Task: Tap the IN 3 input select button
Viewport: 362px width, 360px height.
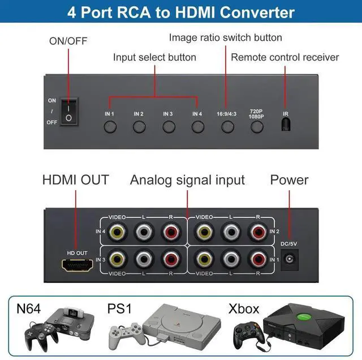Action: (168, 126)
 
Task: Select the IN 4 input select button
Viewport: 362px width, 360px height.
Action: (197, 126)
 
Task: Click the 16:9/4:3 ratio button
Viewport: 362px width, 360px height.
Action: (227, 126)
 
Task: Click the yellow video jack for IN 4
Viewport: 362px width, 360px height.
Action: (118, 231)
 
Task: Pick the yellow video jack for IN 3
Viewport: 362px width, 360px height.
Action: (118, 260)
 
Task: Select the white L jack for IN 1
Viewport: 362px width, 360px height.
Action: (230, 260)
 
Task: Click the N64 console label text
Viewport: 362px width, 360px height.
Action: (28, 309)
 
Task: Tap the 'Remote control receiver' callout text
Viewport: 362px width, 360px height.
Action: (285, 57)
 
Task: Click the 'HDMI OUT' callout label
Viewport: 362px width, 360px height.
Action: (75, 181)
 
